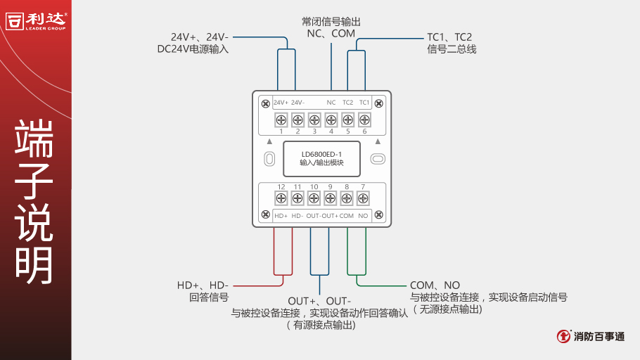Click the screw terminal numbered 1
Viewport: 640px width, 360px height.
tap(281, 120)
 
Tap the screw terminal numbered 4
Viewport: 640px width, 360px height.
tap(331, 120)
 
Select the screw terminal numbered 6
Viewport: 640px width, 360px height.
tap(364, 120)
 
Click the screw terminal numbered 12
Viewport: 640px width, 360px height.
tap(281, 198)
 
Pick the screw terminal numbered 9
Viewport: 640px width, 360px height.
tap(331, 198)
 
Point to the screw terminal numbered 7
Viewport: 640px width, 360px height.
tap(364, 198)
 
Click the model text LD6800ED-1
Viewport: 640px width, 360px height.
tap(321, 154)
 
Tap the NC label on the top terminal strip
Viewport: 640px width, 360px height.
tap(331, 103)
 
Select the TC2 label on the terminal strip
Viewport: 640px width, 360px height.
tap(347, 103)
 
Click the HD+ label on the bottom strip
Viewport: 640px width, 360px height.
tap(281, 216)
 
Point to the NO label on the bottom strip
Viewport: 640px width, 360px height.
tap(363, 216)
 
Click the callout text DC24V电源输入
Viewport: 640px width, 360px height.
tap(193, 49)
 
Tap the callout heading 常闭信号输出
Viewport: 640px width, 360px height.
tap(331, 21)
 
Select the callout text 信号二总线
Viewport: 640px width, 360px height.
tap(452, 49)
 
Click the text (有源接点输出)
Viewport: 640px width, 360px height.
tap(320, 325)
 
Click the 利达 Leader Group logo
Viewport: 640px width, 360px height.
tap(36, 20)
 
